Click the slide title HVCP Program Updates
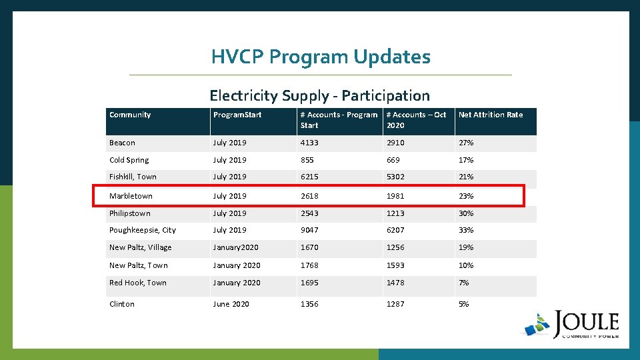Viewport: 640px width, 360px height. [321, 57]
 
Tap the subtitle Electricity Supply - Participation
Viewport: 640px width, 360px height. [319, 96]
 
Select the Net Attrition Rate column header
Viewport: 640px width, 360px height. [491, 115]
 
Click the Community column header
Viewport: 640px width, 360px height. [130, 115]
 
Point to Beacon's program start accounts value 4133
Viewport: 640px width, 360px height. [309, 143]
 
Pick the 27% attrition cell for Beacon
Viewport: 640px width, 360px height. [466, 143]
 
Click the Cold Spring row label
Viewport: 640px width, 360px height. [129, 160]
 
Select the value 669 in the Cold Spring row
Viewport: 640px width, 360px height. [395, 160]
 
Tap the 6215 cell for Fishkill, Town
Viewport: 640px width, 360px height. [309, 177]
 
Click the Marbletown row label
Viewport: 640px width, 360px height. [131, 196]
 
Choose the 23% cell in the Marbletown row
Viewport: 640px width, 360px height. [466, 196]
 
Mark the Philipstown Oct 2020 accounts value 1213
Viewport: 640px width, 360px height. [395, 213]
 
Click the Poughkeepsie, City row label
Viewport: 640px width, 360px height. [143, 230]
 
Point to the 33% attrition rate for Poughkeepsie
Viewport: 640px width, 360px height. [466, 230]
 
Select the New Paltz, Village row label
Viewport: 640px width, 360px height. [140, 247]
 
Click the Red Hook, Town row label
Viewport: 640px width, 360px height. [138, 283]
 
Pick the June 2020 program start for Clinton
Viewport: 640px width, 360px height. [231, 304]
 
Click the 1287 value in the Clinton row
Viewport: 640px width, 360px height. [395, 304]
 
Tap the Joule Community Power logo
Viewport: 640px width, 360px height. [572, 325]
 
